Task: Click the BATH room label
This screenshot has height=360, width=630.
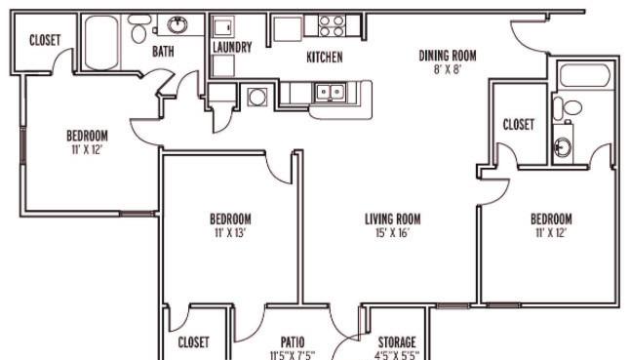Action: (163, 52)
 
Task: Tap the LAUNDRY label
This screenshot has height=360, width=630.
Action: (232, 47)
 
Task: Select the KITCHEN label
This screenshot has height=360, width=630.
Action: (325, 57)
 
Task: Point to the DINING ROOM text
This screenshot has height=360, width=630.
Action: (448, 56)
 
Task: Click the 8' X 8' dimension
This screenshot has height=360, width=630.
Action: (448, 69)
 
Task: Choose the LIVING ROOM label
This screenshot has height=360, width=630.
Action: (393, 219)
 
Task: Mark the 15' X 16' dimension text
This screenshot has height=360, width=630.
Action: (392, 232)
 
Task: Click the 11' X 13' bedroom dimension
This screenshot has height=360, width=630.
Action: (230, 233)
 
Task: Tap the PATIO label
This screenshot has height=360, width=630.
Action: (293, 342)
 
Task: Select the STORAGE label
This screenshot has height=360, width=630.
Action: (397, 342)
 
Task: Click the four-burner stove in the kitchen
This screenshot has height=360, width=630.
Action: (332, 26)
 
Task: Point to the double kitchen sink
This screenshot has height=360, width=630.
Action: (331, 93)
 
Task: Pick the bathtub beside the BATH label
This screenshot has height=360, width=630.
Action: (101, 43)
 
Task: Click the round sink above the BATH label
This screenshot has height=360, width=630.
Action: (177, 25)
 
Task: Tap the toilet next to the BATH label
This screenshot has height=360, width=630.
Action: (139, 29)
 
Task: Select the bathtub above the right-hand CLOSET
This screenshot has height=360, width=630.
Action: (584, 75)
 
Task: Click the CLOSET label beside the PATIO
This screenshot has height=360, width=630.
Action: (193, 342)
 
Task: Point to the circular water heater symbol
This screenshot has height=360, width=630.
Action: (256, 97)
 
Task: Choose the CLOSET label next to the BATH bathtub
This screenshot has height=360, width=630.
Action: (45, 40)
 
